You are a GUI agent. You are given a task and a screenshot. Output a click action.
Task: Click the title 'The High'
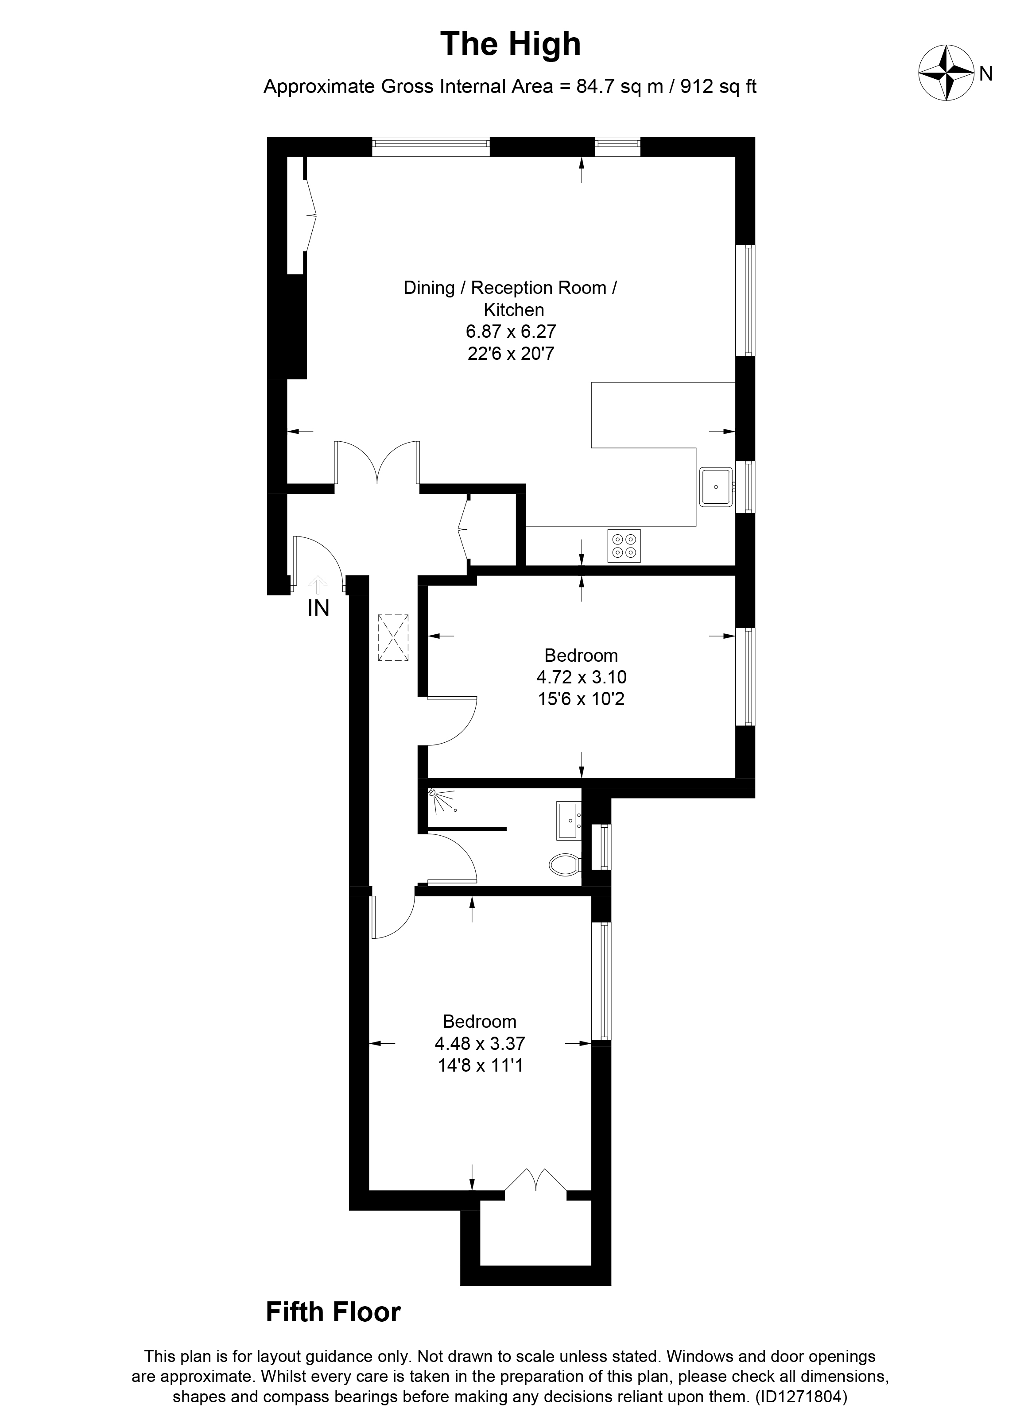click(x=510, y=45)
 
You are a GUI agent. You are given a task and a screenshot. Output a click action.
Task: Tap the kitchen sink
click(x=715, y=487)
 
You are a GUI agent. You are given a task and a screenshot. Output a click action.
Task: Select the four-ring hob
click(x=624, y=546)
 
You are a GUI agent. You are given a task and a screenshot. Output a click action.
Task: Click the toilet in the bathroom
click(x=564, y=865)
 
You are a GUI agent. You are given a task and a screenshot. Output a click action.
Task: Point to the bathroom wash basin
click(x=568, y=821)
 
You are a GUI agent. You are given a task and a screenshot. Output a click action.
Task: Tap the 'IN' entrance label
click(x=318, y=608)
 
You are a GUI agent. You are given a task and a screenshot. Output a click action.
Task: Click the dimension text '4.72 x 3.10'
click(x=581, y=677)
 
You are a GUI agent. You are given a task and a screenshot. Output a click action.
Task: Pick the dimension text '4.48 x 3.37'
click(x=480, y=1043)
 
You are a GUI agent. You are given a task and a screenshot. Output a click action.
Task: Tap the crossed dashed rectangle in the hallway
click(x=393, y=637)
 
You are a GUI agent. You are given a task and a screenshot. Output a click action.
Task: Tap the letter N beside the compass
click(x=985, y=74)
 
